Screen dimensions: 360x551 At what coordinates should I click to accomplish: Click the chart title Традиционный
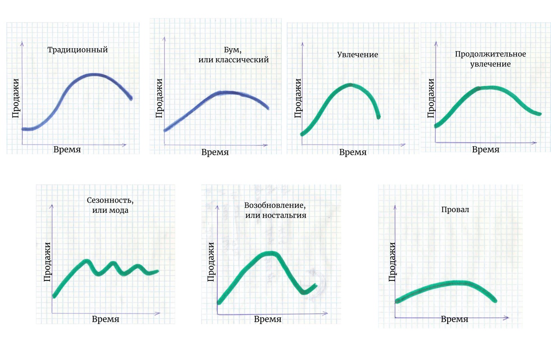[77, 50]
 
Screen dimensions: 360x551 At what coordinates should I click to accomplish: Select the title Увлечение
[357, 55]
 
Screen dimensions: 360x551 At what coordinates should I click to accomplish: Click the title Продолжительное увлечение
[490, 59]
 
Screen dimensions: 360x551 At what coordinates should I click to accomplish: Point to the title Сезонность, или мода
[110, 206]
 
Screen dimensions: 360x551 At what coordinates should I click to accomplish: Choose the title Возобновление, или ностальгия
[275, 210]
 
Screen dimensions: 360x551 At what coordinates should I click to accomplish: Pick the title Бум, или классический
[233, 55]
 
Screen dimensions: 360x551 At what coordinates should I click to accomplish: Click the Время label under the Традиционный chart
[67, 150]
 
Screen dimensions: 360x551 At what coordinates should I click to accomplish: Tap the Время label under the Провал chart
[454, 320]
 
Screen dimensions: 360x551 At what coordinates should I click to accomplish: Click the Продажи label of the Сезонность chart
[48, 262]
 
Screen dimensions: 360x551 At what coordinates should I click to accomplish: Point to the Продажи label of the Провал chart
[392, 262]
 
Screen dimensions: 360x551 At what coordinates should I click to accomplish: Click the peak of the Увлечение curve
[350, 85]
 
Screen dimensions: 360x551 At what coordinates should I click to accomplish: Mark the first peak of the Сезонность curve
[87, 261]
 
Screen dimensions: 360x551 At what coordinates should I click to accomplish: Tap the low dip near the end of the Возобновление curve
[304, 292]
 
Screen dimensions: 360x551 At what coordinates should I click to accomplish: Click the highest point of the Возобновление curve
[271, 253]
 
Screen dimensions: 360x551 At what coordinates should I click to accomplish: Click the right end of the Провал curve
[495, 301]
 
